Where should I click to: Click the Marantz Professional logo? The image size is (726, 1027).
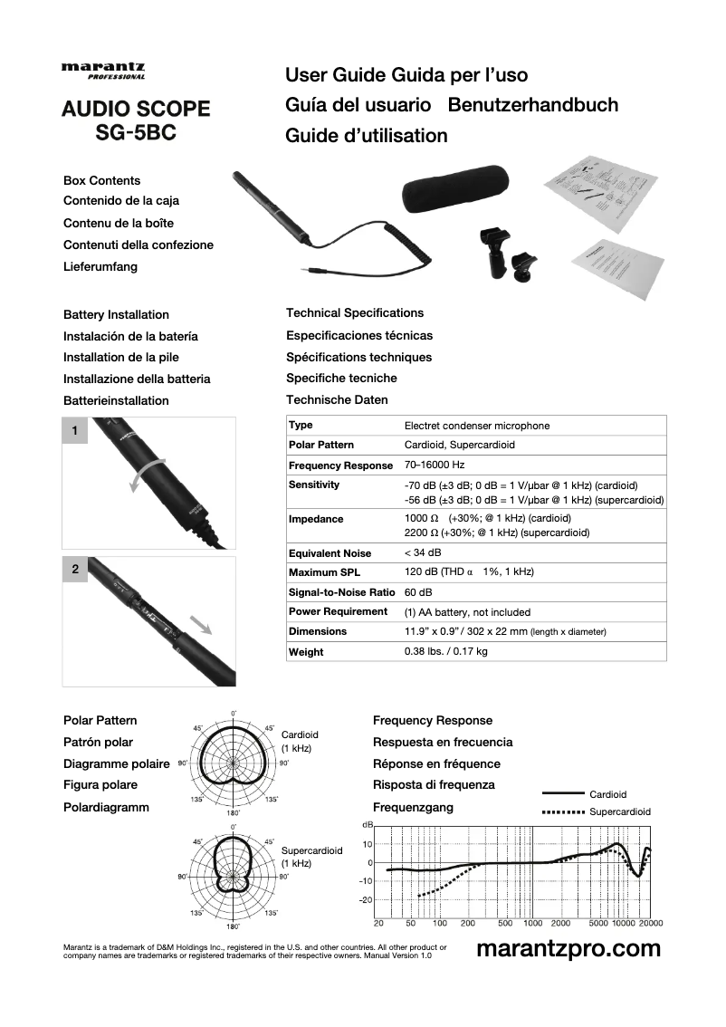tap(103, 71)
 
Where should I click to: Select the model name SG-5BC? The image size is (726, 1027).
tap(136, 132)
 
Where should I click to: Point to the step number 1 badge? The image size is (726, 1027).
tap(75, 431)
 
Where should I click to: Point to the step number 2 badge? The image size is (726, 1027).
tap(75, 570)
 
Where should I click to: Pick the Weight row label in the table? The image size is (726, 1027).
tap(306, 652)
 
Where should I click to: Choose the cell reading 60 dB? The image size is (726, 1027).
tap(418, 592)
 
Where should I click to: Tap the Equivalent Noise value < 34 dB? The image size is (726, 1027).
tap(423, 552)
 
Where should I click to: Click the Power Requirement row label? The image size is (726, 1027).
tap(338, 612)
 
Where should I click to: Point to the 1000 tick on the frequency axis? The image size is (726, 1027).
tap(532, 924)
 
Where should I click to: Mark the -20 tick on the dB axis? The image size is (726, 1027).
tap(366, 899)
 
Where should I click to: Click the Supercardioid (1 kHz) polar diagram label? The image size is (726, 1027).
tap(311, 858)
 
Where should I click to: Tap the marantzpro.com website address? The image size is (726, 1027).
tap(568, 949)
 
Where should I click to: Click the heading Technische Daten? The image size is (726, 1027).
tap(337, 399)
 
